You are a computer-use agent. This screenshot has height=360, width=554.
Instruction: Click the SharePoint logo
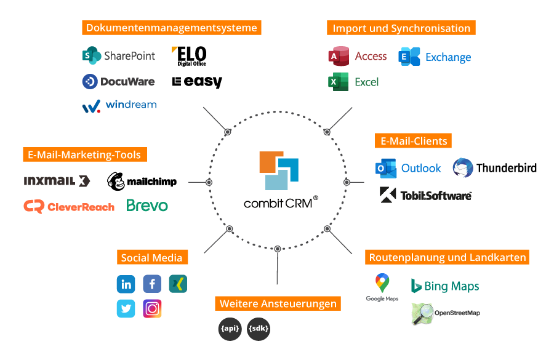(x=119, y=55)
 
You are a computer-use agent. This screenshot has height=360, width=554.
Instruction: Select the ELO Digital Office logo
(x=189, y=56)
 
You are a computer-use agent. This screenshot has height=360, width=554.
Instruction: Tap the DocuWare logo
(x=119, y=81)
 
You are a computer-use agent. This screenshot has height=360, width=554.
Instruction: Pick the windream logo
(x=119, y=105)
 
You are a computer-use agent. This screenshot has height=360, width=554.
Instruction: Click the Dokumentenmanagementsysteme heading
(x=172, y=28)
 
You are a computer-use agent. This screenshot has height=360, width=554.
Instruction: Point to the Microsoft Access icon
(x=339, y=56)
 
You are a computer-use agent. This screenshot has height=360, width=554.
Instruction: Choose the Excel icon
(x=339, y=82)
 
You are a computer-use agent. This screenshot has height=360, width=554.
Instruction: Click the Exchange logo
(x=435, y=57)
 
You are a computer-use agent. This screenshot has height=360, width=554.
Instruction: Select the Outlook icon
(x=386, y=168)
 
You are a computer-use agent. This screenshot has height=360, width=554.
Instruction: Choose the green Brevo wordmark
(x=147, y=206)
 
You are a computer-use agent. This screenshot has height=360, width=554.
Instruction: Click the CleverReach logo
(x=69, y=207)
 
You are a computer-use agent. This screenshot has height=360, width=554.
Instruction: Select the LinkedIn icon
(x=126, y=284)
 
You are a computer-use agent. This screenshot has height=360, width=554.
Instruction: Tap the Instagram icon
(x=152, y=308)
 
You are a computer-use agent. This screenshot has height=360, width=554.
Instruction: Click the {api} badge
(x=230, y=329)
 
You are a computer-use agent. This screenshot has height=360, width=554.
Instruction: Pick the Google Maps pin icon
(x=382, y=284)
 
